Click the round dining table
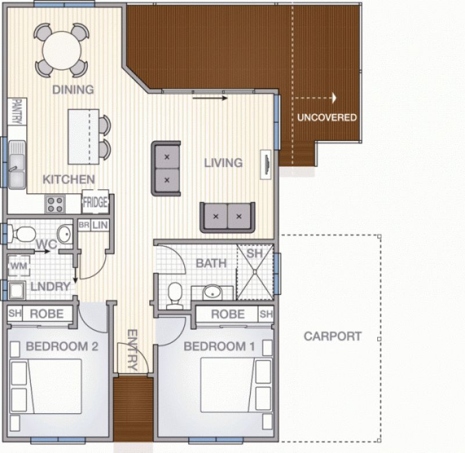tap(62, 51)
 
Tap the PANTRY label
tap(17, 112)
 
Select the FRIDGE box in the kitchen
tap(95, 201)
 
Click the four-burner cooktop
tap(55, 204)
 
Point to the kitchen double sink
tap(17, 165)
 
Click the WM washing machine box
tap(19, 266)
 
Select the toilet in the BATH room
tap(175, 296)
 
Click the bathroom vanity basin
tap(212, 292)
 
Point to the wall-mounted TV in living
tap(266, 164)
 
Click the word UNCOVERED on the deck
tap(327, 118)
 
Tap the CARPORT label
tap(332, 337)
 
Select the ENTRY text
tap(133, 349)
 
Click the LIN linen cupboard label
tap(99, 225)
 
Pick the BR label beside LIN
tap(84, 225)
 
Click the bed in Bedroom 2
tap(46, 387)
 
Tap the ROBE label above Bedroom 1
tap(228, 314)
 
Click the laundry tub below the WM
tap(17, 291)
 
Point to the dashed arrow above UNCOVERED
tap(314, 98)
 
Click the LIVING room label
tap(223, 163)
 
